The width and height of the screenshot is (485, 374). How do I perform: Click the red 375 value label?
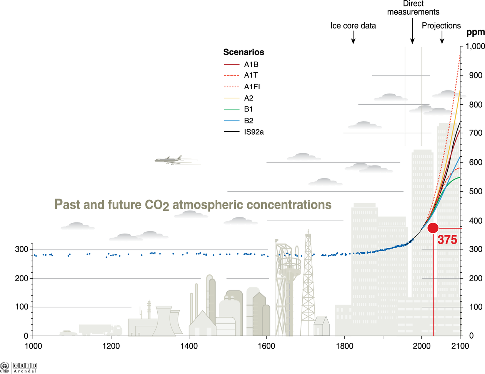point(447,240)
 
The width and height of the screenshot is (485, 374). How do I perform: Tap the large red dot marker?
point(433,228)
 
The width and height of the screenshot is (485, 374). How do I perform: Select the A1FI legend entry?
point(252,87)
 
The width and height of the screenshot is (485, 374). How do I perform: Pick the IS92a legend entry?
point(254,132)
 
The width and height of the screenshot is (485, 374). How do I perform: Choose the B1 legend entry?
point(248,109)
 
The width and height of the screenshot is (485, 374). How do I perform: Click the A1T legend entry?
point(251,75)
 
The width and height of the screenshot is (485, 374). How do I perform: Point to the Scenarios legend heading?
point(243,52)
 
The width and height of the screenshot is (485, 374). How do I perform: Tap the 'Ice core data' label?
point(353,26)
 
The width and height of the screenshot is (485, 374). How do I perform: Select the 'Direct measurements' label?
point(413,8)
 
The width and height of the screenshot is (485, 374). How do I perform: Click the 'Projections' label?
point(441,26)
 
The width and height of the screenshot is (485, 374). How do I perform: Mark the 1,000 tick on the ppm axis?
point(475,46)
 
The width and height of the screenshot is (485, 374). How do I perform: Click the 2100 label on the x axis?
point(460,346)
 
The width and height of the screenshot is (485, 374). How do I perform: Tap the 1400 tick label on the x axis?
point(189,346)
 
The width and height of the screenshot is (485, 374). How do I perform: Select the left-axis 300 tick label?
point(22,249)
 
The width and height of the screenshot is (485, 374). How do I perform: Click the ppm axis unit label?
point(475,32)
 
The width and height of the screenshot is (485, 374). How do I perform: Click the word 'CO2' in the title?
point(157,205)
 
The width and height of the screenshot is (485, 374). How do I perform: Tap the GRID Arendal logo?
point(25,367)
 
